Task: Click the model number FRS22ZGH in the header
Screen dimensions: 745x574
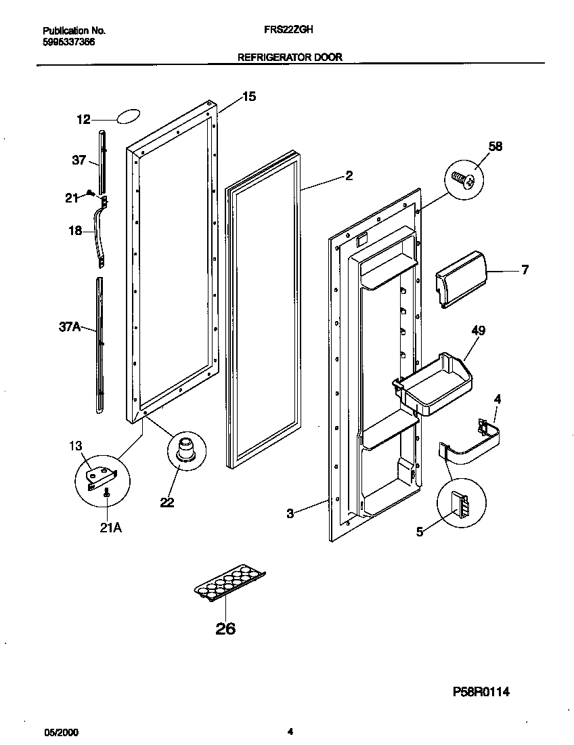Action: pyautogui.click(x=284, y=30)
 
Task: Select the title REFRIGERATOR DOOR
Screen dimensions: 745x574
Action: pyautogui.click(x=290, y=58)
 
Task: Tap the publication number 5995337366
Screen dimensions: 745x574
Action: pyautogui.click(x=69, y=42)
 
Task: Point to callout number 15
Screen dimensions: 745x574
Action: pyautogui.click(x=248, y=97)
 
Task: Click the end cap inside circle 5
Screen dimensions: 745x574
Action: pyautogui.click(x=461, y=505)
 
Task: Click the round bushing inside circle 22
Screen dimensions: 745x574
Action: pyautogui.click(x=185, y=449)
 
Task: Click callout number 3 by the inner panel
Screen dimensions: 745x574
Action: pyautogui.click(x=290, y=514)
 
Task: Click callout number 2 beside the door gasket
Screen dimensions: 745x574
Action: pyautogui.click(x=349, y=176)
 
